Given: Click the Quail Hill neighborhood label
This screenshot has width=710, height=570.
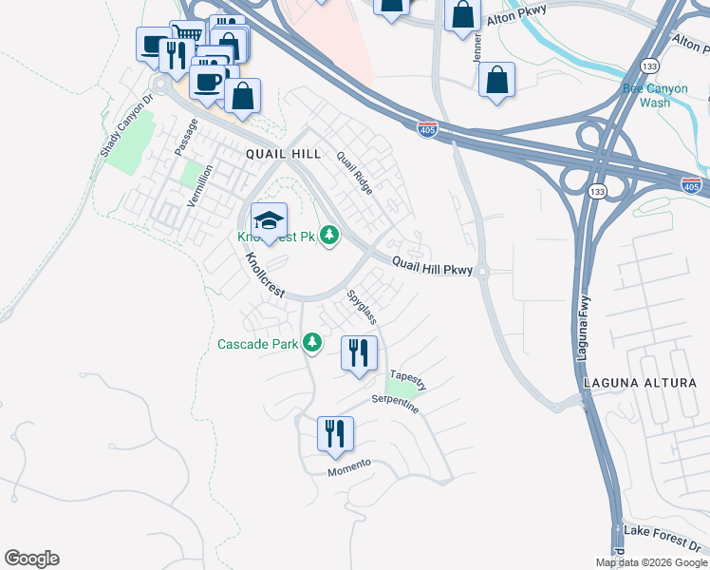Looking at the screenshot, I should [283, 154].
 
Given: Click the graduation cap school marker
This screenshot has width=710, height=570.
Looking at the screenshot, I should [269, 220].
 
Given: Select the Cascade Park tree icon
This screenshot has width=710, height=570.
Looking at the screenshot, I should [312, 344].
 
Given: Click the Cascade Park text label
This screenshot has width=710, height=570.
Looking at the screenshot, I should [258, 344].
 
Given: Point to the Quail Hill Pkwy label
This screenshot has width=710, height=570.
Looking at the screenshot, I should [432, 270].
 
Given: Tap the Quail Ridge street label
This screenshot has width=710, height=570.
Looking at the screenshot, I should [355, 173].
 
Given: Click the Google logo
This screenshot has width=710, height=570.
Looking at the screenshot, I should [31, 559].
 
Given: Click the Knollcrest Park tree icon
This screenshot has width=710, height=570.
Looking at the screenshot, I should [328, 234].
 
